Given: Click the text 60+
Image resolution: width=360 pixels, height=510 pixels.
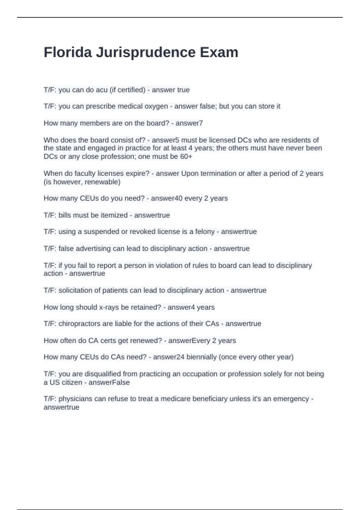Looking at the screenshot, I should click(186, 157).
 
